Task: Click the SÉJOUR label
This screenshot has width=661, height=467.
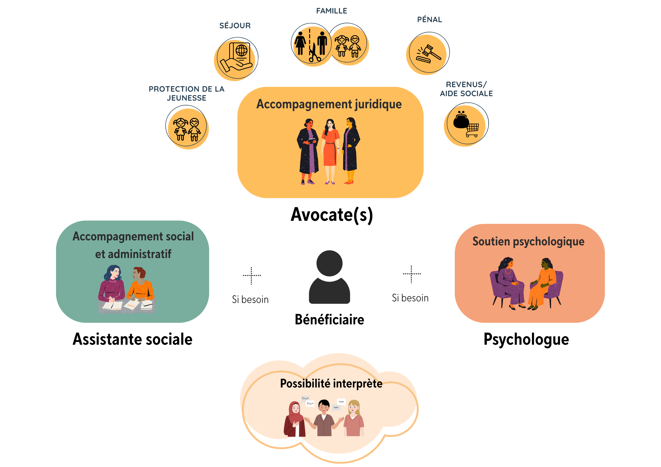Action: pos(235,26)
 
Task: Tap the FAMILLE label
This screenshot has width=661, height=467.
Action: pos(331,11)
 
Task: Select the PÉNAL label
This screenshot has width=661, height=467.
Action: pos(429,20)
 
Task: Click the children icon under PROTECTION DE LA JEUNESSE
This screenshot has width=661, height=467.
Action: pos(187,128)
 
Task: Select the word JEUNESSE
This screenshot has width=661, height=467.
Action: pos(187,98)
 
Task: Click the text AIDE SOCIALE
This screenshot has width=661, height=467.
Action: pos(466,94)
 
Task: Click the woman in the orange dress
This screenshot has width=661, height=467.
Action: pos(330,151)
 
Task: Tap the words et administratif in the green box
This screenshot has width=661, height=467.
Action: pos(133,254)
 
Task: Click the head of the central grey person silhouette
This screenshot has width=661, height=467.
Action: pos(329,263)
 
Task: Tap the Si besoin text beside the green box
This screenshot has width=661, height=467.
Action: pos(250,300)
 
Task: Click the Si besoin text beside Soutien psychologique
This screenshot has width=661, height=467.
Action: pos(410,298)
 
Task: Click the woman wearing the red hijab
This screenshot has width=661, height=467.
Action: pos(294,419)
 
